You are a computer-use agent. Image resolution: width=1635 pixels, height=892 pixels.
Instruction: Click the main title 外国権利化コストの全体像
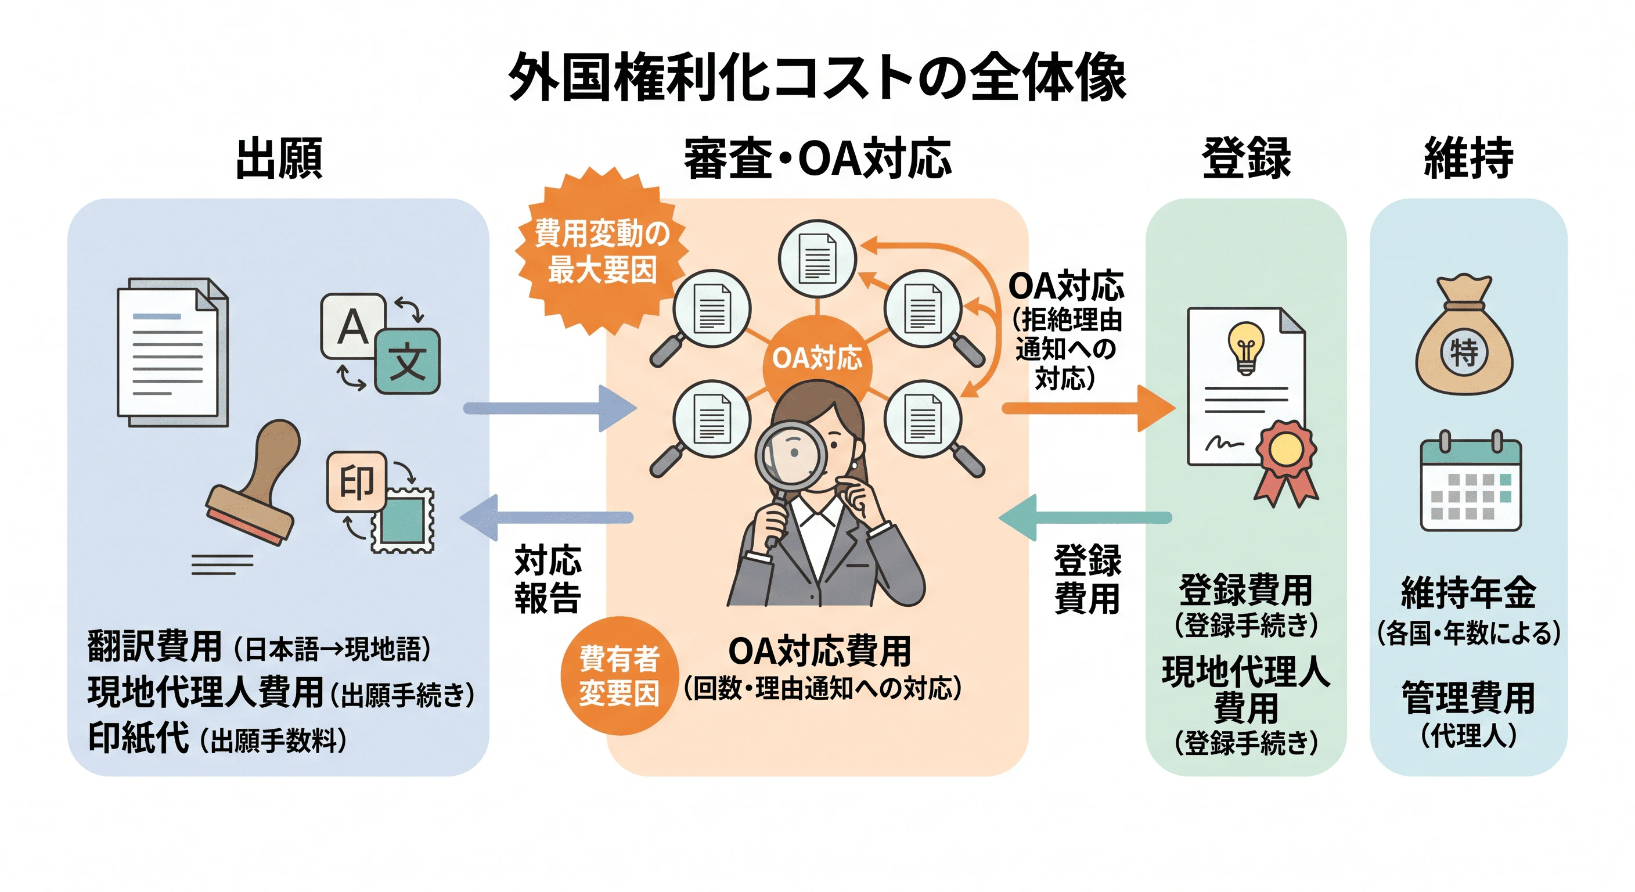tap(817, 77)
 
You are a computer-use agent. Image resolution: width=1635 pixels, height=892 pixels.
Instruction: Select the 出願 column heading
tap(279, 157)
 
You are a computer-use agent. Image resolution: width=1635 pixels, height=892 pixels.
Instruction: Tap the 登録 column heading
tap(1246, 157)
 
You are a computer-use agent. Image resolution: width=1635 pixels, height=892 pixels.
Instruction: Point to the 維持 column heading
tap(1468, 157)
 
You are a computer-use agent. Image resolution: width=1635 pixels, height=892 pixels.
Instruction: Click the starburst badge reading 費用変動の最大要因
tap(601, 251)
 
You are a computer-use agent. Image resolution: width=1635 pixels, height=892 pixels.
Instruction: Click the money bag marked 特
tap(1464, 334)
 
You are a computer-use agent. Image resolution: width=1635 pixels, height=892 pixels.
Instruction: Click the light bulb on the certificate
tap(1246, 347)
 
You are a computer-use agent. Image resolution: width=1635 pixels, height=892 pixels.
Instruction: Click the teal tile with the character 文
tap(407, 361)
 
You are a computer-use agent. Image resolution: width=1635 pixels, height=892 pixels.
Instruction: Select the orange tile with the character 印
tap(356, 481)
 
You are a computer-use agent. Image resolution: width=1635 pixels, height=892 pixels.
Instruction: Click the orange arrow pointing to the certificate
tap(1089, 408)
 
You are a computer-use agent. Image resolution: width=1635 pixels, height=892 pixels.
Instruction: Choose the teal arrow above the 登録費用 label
tap(1085, 518)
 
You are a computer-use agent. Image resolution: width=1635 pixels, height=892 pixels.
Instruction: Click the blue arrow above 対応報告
tap(546, 518)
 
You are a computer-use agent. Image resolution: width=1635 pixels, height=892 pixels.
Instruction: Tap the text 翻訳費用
tap(155, 647)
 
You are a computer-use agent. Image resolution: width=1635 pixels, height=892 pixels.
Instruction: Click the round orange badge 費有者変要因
tap(619, 676)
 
